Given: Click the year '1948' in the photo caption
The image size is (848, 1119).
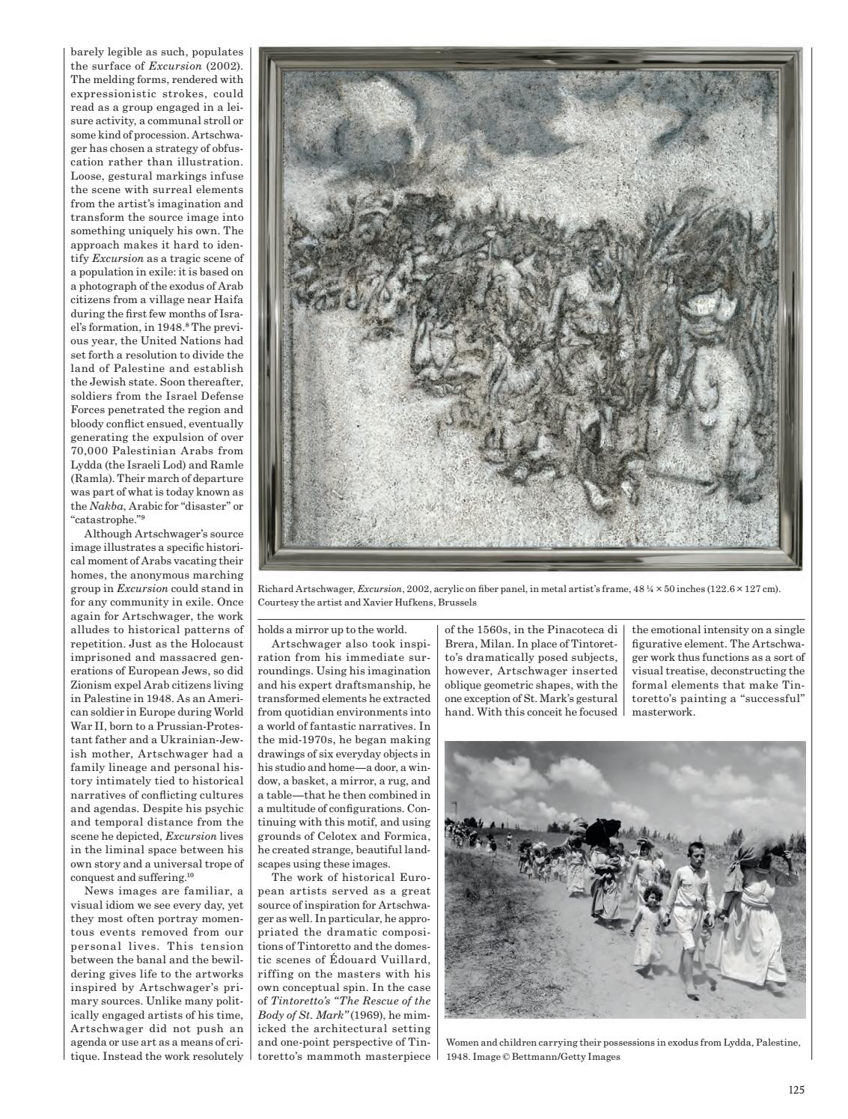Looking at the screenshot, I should pyautogui.click(x=458, y=1057).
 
